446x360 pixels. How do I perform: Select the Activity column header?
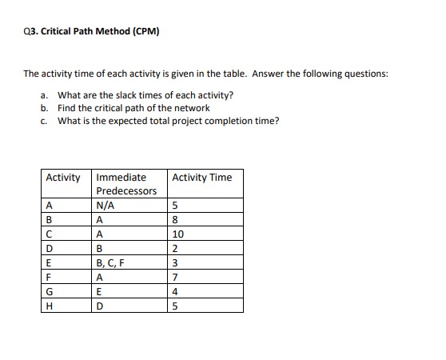click(63, 178)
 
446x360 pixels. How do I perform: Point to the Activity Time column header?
click(201, 178)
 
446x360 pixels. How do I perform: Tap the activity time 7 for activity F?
click(175, 275)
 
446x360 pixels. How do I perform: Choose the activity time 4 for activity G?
click(175, 290)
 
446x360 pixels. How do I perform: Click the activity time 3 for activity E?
click(175, 261)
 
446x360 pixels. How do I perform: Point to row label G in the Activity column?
click(50, 290)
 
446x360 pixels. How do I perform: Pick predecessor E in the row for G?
click(98, 290)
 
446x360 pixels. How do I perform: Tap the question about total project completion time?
click(168, 121)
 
